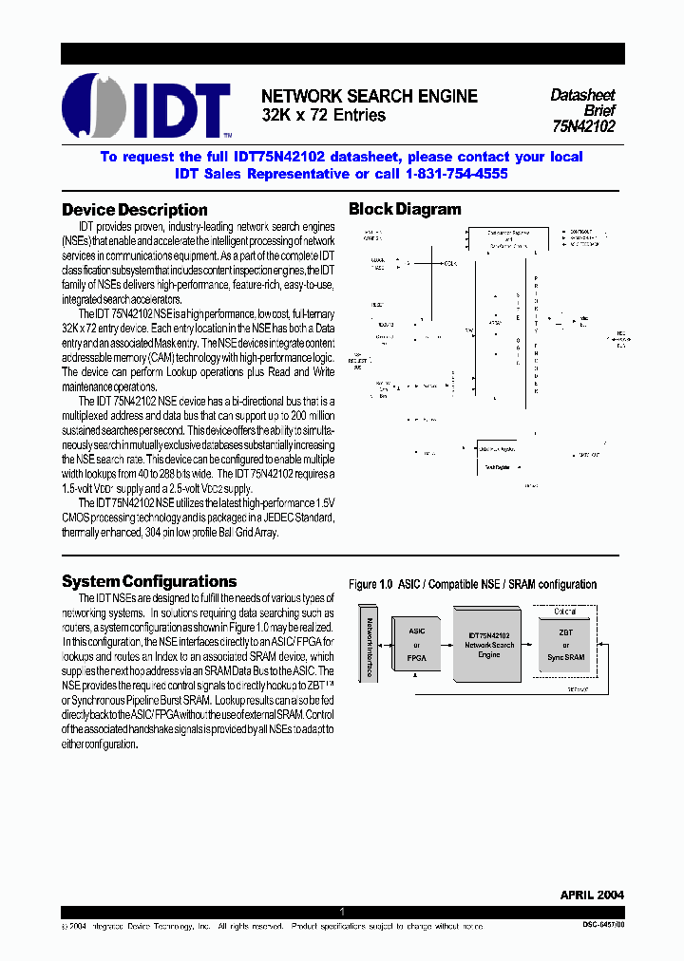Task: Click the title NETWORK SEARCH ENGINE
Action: click(370, 97)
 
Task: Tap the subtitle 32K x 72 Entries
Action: click(324, 115)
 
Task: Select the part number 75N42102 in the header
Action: click(583, 125)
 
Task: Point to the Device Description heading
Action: click(135, 210)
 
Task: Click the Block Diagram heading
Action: click(405, 210)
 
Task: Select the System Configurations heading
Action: click(149, 581)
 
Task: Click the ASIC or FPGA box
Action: click(416, 643)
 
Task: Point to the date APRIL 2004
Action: click(592, 895)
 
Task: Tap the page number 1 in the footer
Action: click(342, 912)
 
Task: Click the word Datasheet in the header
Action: click(582, 95)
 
